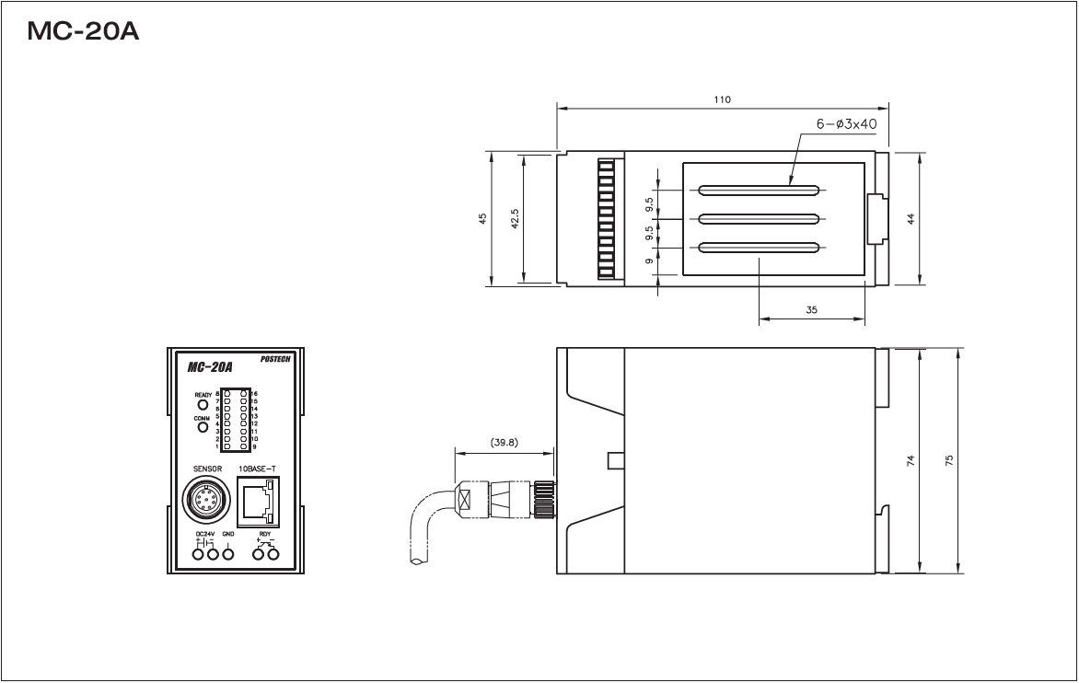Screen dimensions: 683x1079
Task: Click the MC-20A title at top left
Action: pyautogui.click(x=84, y=32)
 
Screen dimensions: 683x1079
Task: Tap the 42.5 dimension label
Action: pyautogui.click(x=516, y=219)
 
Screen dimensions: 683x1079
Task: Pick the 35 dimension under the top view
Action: pyautogui.click(x=811, y=311)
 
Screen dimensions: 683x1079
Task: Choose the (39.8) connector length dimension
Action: pyautogui.click(x=505, y=442)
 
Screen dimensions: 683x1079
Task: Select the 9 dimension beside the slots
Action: pyautogui.click(x=650, y=261)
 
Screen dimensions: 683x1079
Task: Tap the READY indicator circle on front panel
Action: pyautogui.click(x=203, y=404)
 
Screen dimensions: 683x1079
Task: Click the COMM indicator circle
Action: pyautogui.click(x=203, y=426)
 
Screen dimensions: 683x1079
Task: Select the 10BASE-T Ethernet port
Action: pyautogui.click(x=261, y=502)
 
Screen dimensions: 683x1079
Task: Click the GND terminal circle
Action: pyautogui.click(x=228, y=553)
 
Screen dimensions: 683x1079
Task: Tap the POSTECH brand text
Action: pyautogui.click(x=272, y=360)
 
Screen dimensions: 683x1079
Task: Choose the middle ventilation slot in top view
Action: pyautogui.click(x=759, y=219)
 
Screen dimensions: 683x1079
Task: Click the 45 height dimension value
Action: pyautogui.click(x=482, y=219)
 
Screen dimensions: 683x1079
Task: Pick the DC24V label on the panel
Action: pyautogui.click(x=203, y=533)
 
